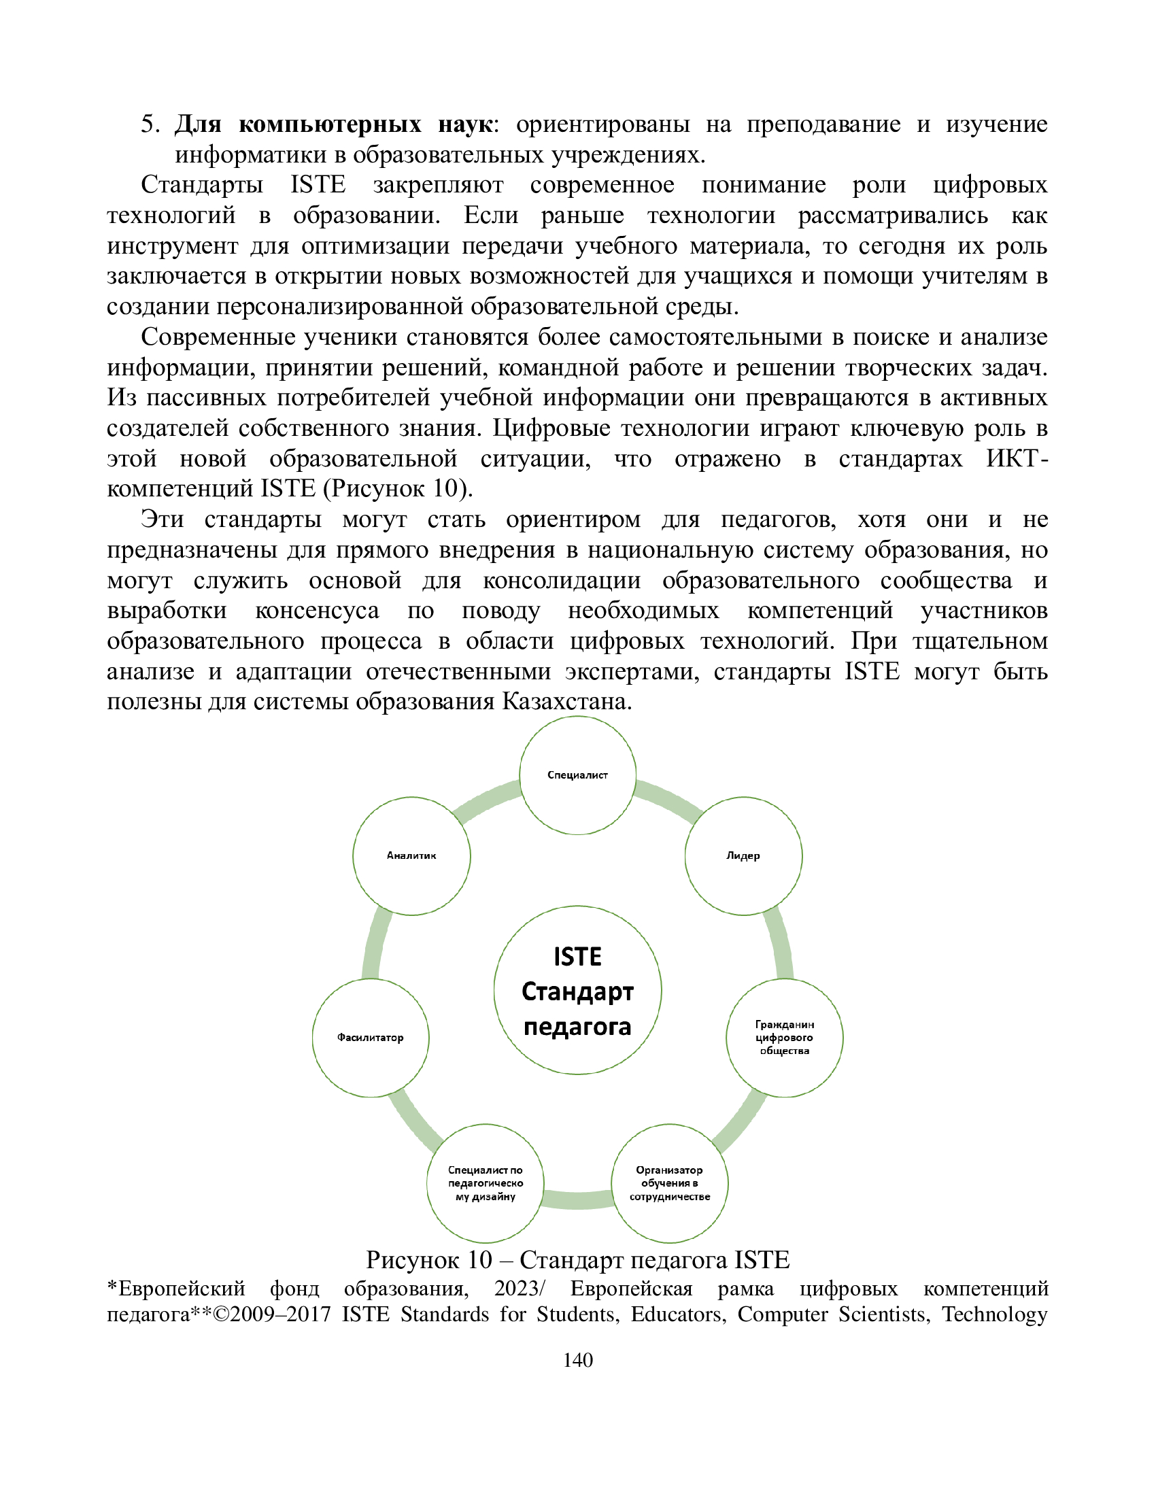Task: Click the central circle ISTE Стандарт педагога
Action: tap(577, 991)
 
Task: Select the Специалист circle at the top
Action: tap(577, 775)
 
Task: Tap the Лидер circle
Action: tap(743, 855)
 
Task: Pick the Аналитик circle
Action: tap(411, 855)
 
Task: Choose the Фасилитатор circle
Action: tap(371, 1038)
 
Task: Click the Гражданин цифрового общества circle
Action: tap(784, 1038)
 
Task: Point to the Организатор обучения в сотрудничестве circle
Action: tap(669, 1183)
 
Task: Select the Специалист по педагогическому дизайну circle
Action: tap(486, 1183)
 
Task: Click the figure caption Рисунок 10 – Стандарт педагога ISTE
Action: tap(577, 1259)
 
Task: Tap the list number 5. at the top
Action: tap(150, 124)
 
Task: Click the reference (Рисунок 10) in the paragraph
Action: tap(398, 488)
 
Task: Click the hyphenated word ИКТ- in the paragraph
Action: tap(1017, 458)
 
